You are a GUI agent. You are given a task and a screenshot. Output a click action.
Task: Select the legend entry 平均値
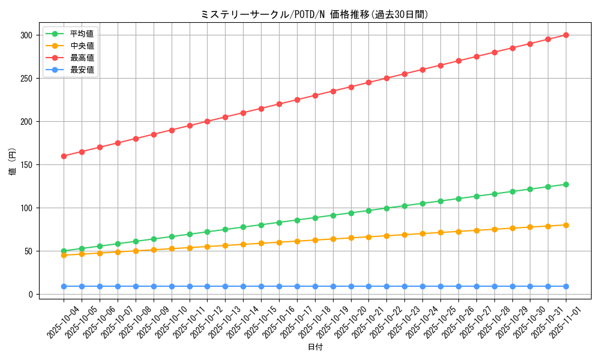coord(82,34)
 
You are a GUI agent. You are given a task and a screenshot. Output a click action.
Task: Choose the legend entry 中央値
coord(82,46)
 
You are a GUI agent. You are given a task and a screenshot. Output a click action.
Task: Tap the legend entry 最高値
coord(82,58)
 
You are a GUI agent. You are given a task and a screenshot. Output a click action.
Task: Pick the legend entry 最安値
coord(82,70)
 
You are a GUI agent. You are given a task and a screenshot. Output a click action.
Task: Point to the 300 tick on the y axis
coord(25,35)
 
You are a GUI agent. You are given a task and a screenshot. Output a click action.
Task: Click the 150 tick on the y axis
coord(25,165)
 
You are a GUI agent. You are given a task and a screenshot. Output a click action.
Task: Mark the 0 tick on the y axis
coord(28,295)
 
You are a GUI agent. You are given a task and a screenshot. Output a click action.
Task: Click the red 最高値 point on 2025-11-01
coord(566,35)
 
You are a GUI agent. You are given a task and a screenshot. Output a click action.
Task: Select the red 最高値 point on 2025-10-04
coord(64,156)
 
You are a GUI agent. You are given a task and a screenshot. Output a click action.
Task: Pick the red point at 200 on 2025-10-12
coord(207,121)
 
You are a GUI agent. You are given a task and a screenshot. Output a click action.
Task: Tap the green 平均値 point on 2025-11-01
coord(566,184)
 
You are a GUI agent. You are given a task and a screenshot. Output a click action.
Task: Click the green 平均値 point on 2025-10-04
coord(64,251)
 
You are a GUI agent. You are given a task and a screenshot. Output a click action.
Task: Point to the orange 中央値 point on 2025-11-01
coord(566,225)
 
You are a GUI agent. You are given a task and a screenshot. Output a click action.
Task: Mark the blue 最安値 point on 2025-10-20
coord(351,286)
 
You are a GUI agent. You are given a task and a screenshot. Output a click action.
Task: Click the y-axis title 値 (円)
coord(13,161)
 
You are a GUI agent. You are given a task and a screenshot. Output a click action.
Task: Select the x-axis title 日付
coord(314,347)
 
